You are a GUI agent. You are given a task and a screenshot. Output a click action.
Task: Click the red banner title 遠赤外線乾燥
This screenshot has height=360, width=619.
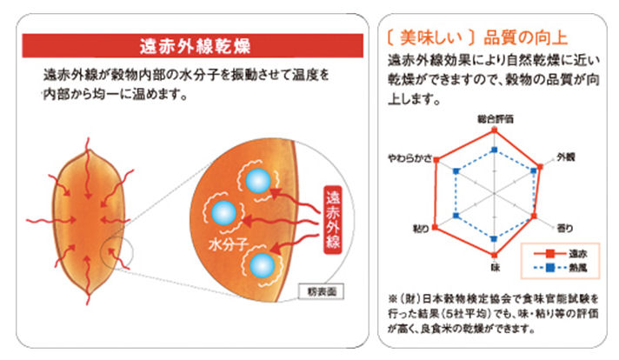[195, 46]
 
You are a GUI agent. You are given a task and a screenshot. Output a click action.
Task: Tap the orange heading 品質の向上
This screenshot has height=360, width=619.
[525, 37]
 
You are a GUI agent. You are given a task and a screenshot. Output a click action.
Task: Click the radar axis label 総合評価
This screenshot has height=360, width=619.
[495, 119]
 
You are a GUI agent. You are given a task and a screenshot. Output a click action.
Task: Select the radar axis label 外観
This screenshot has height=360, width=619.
[565, 157]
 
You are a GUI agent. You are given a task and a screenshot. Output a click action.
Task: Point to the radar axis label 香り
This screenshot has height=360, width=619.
[564, 228]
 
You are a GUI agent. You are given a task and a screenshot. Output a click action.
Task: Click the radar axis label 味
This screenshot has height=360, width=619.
[495, 267]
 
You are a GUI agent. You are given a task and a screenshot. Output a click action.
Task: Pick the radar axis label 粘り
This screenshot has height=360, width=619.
[421, 229]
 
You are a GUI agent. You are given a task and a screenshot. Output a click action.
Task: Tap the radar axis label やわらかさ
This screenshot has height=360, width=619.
[409, 158]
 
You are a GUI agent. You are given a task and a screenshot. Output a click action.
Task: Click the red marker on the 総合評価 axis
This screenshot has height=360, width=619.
[494, 130]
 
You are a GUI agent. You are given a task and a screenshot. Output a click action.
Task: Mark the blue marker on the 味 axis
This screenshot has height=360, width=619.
[494, 239]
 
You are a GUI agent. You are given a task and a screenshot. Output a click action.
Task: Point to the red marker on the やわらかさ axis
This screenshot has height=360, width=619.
[436, 160]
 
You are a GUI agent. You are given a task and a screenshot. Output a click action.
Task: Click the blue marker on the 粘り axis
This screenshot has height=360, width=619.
[456, 216]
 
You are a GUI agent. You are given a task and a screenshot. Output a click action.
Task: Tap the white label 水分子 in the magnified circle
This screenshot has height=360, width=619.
[229, 244]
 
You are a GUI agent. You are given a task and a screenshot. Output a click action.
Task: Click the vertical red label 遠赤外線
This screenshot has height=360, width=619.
[333, 219]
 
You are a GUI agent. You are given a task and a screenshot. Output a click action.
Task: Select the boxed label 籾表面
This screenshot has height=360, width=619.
[322, 291]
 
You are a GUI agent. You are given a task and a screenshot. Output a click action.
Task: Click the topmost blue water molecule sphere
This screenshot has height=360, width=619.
[258, 181]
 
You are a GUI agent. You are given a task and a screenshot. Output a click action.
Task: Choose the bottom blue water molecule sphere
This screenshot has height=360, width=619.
[263, 265]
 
